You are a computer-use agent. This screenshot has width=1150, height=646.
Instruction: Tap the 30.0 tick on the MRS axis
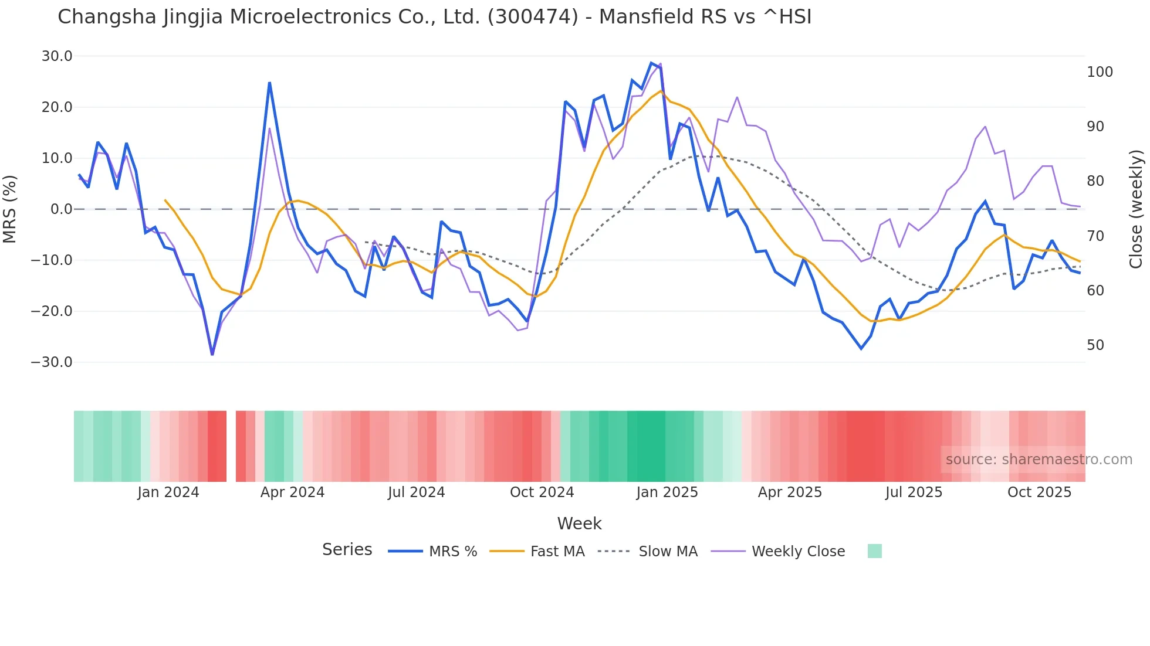point(57,56)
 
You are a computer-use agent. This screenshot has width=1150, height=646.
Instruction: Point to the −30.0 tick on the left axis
point(52,362)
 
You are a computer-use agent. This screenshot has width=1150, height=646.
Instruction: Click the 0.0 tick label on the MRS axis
point(62,209)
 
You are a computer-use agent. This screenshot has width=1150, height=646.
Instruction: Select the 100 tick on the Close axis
point(1100,72)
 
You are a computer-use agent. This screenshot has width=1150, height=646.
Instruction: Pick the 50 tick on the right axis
point(1095,345)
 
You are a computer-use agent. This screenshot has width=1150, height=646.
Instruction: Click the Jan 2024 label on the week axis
point(168,492)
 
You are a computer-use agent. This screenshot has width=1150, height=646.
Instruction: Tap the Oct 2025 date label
point(1039,492)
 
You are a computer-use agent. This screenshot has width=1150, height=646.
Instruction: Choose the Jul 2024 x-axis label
point(416,492)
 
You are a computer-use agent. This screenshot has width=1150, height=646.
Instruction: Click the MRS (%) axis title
point(10,209)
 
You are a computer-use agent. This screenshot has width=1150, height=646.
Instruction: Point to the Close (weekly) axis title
point(1136,209)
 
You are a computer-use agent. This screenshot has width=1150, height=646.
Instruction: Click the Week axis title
point(579,523)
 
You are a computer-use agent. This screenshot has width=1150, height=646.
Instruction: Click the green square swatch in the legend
point(874,551)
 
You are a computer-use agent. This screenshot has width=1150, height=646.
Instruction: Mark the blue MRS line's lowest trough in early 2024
point(212,353)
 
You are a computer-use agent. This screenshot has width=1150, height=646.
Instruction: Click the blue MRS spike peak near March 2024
point(269,83)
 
